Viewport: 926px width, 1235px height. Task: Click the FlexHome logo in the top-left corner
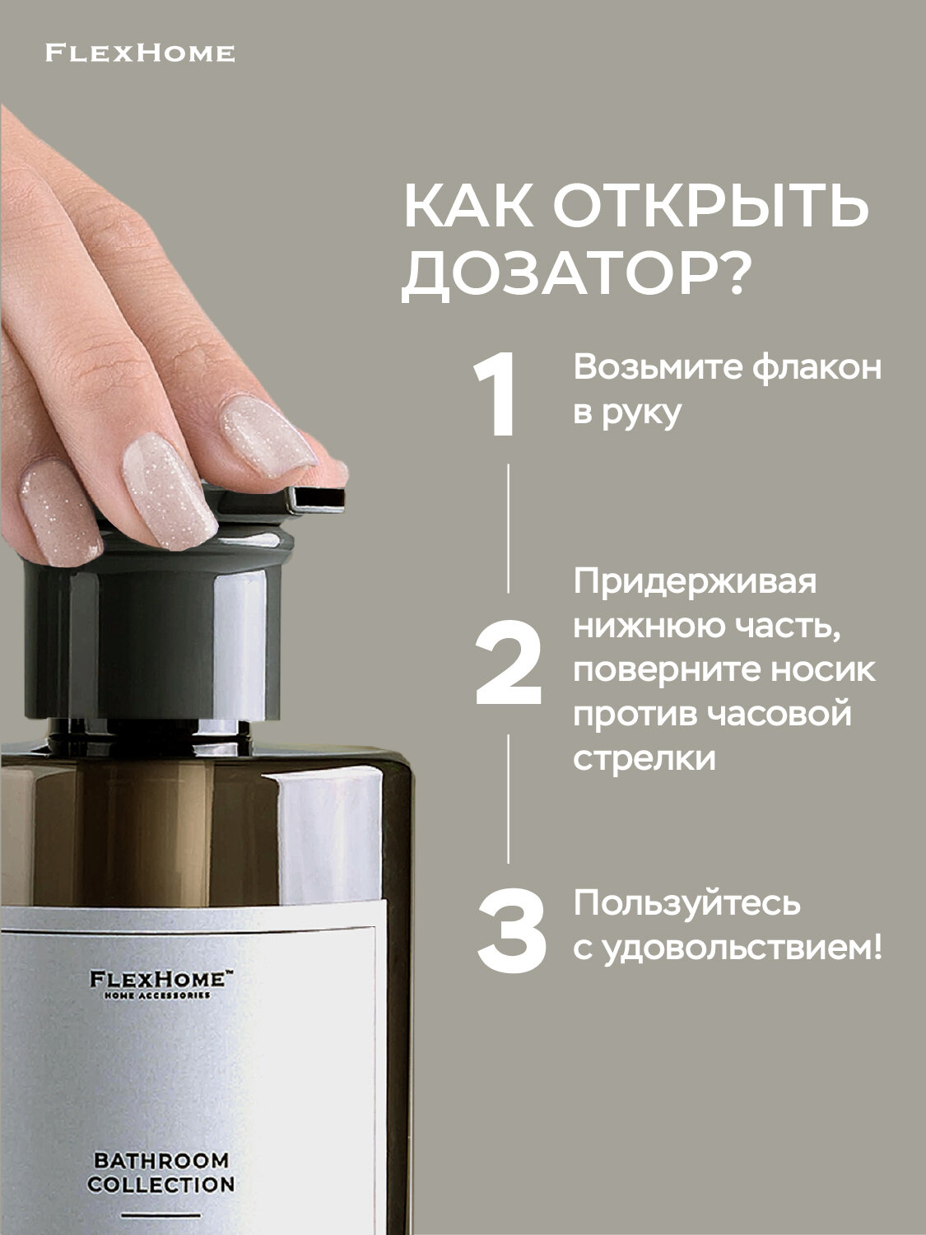coord(140,54)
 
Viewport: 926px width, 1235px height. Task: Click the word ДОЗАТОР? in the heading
coord(574,273)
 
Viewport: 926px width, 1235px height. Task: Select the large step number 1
coord(496,395)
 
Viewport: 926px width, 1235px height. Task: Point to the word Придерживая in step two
coord(696,581)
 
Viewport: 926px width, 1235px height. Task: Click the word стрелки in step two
coord(644,757)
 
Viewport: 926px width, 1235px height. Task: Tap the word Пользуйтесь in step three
coord(686,903)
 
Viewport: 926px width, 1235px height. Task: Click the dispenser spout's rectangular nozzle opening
coord(319,498)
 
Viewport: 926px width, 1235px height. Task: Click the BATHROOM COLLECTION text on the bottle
coord(161,1172)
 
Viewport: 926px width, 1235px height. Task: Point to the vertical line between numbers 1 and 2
coord(508,527)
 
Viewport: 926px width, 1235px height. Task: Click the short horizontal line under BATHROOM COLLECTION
coord(161,1215)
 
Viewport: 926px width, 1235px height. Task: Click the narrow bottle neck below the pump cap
coord(148,728)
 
